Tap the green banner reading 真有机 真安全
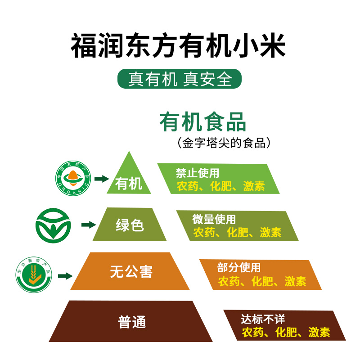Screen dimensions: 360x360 pos(180,79)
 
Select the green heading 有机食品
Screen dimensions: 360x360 pos(203,122)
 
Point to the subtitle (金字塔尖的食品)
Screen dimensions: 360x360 pos(224,143)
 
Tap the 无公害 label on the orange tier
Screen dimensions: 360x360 pos(131,271)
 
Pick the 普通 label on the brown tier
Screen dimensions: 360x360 pos(132,322)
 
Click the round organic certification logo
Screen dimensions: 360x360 pos(73,179)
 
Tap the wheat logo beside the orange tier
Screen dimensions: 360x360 pos(34,274)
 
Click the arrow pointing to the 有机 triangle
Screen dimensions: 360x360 pos(102,179)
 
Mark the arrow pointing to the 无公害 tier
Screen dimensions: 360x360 pos(66,275)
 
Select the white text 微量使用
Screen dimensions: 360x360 pos(214,220)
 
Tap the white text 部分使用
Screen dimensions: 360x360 pos(239,268)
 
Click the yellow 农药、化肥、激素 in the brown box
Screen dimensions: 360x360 pos(286,332)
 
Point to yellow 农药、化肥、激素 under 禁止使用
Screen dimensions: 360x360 pos(220,185)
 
